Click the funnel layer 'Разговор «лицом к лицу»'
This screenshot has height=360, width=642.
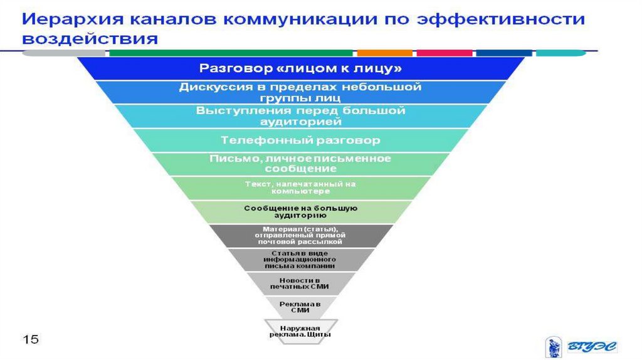[300, 68]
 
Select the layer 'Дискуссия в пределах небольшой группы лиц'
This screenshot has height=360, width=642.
[300, 92]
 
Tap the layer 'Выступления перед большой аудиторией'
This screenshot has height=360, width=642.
[300, 116]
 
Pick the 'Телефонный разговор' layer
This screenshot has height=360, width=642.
[300, 139]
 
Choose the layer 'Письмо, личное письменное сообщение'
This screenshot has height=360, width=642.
[300, 164]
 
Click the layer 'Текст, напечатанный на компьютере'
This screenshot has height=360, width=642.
[300, 188]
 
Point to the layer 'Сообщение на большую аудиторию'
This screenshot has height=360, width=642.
[300, 211]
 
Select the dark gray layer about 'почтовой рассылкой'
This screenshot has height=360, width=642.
[300, 235]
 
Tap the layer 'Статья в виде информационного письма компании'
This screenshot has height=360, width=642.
[300, 259]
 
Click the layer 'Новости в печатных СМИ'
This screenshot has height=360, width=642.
[300, 283]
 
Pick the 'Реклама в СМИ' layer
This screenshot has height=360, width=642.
[300, 307]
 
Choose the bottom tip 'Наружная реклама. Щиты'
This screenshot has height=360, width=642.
[300, 331]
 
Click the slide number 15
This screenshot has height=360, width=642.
[31, 339]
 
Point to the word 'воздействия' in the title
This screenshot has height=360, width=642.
[88, 39]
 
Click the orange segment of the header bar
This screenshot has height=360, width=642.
[384, 53]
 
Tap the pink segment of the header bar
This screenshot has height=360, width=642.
[444, 53]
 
